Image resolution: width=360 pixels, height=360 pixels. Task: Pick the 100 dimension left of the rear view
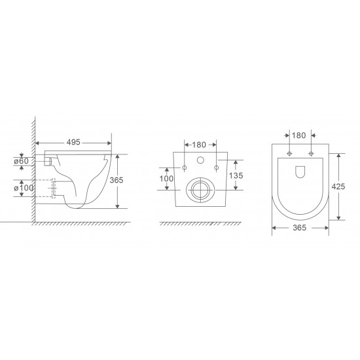pos(166,179)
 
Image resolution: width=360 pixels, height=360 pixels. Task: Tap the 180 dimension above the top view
pos(300,136)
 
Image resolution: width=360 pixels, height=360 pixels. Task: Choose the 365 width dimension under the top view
pos(300,228)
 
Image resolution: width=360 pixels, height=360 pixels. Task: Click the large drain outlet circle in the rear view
pos(200,190)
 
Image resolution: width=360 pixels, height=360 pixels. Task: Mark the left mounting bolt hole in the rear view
pos(185,168)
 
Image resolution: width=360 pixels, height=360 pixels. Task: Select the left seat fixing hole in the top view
pos(289,154)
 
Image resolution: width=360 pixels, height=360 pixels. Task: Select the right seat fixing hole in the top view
pos(312,154)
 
